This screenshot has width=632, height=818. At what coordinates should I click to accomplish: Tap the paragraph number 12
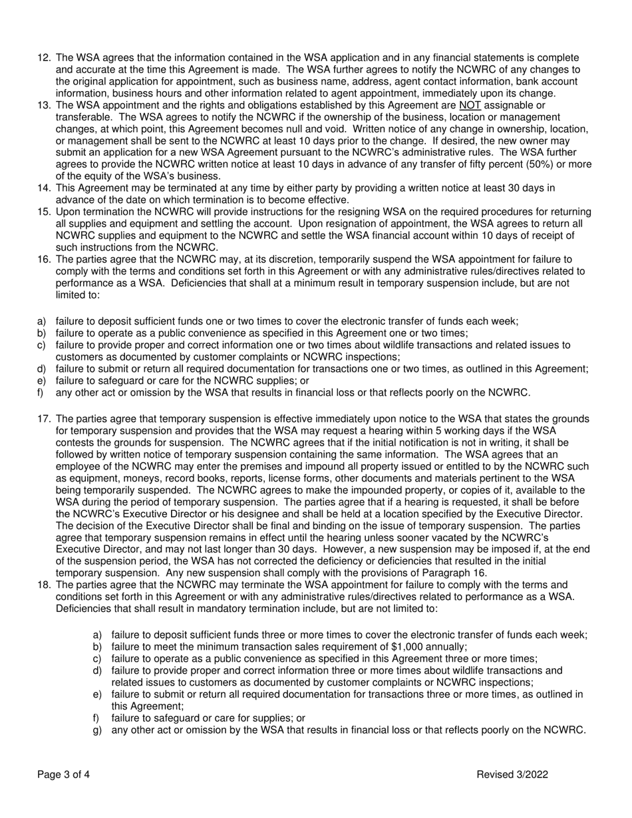[44, 58]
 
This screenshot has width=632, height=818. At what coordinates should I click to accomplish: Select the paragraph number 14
[44, 188]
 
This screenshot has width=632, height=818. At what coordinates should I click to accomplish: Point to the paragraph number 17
[44, 419]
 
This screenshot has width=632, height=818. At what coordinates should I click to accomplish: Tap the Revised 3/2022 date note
[512, 774]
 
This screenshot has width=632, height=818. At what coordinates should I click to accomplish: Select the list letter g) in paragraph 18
[97, 730]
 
